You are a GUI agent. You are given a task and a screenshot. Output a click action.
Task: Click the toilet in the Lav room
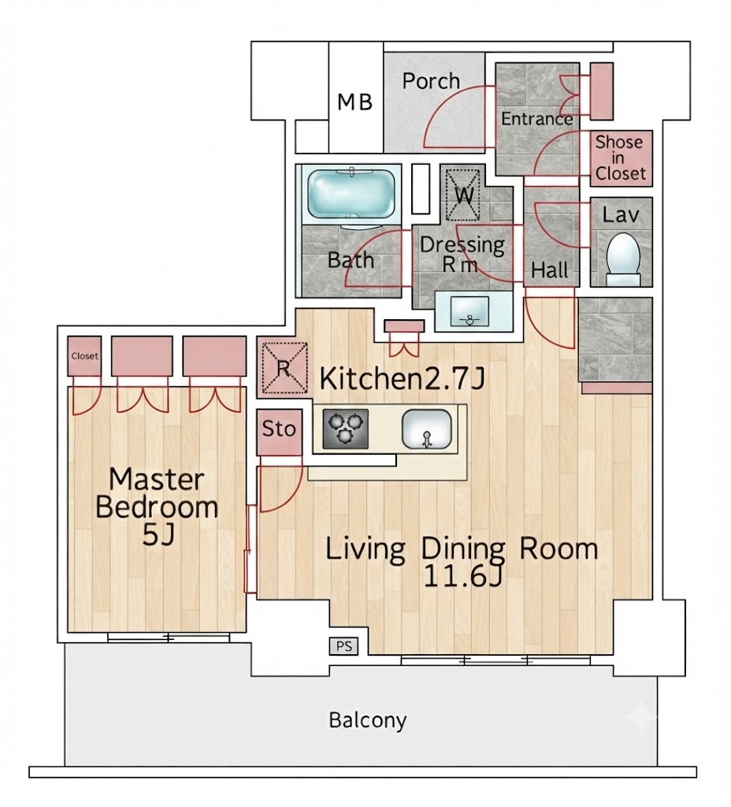tap(623, 259)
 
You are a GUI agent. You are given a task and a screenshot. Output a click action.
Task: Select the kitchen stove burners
tap(346, 428)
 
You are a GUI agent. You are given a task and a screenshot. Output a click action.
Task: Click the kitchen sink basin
tap(426, 429)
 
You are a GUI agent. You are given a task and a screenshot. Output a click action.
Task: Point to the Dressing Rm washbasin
tap(469, 311)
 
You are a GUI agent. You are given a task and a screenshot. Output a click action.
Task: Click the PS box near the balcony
tap(343, 646)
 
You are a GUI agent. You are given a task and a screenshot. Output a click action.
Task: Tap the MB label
tap(355, 102)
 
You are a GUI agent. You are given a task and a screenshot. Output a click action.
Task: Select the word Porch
tap(431, 81)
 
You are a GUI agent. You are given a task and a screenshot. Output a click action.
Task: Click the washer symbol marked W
tap(463, 195)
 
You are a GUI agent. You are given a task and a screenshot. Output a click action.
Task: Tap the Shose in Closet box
tap(621, 158)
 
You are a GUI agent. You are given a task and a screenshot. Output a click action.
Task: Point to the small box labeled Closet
tap(84, 356)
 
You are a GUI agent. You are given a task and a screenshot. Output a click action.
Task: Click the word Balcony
tap(368, 720)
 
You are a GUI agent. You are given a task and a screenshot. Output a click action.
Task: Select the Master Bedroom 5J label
tap(157, 507)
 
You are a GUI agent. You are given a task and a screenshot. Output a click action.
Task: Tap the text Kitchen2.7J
tap(403, 379)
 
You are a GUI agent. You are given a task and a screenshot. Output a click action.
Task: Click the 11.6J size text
tap(462, 576)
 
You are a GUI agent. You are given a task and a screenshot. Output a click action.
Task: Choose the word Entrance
tap(537, 119)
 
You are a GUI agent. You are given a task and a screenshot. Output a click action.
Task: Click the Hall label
tap(550, 270)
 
